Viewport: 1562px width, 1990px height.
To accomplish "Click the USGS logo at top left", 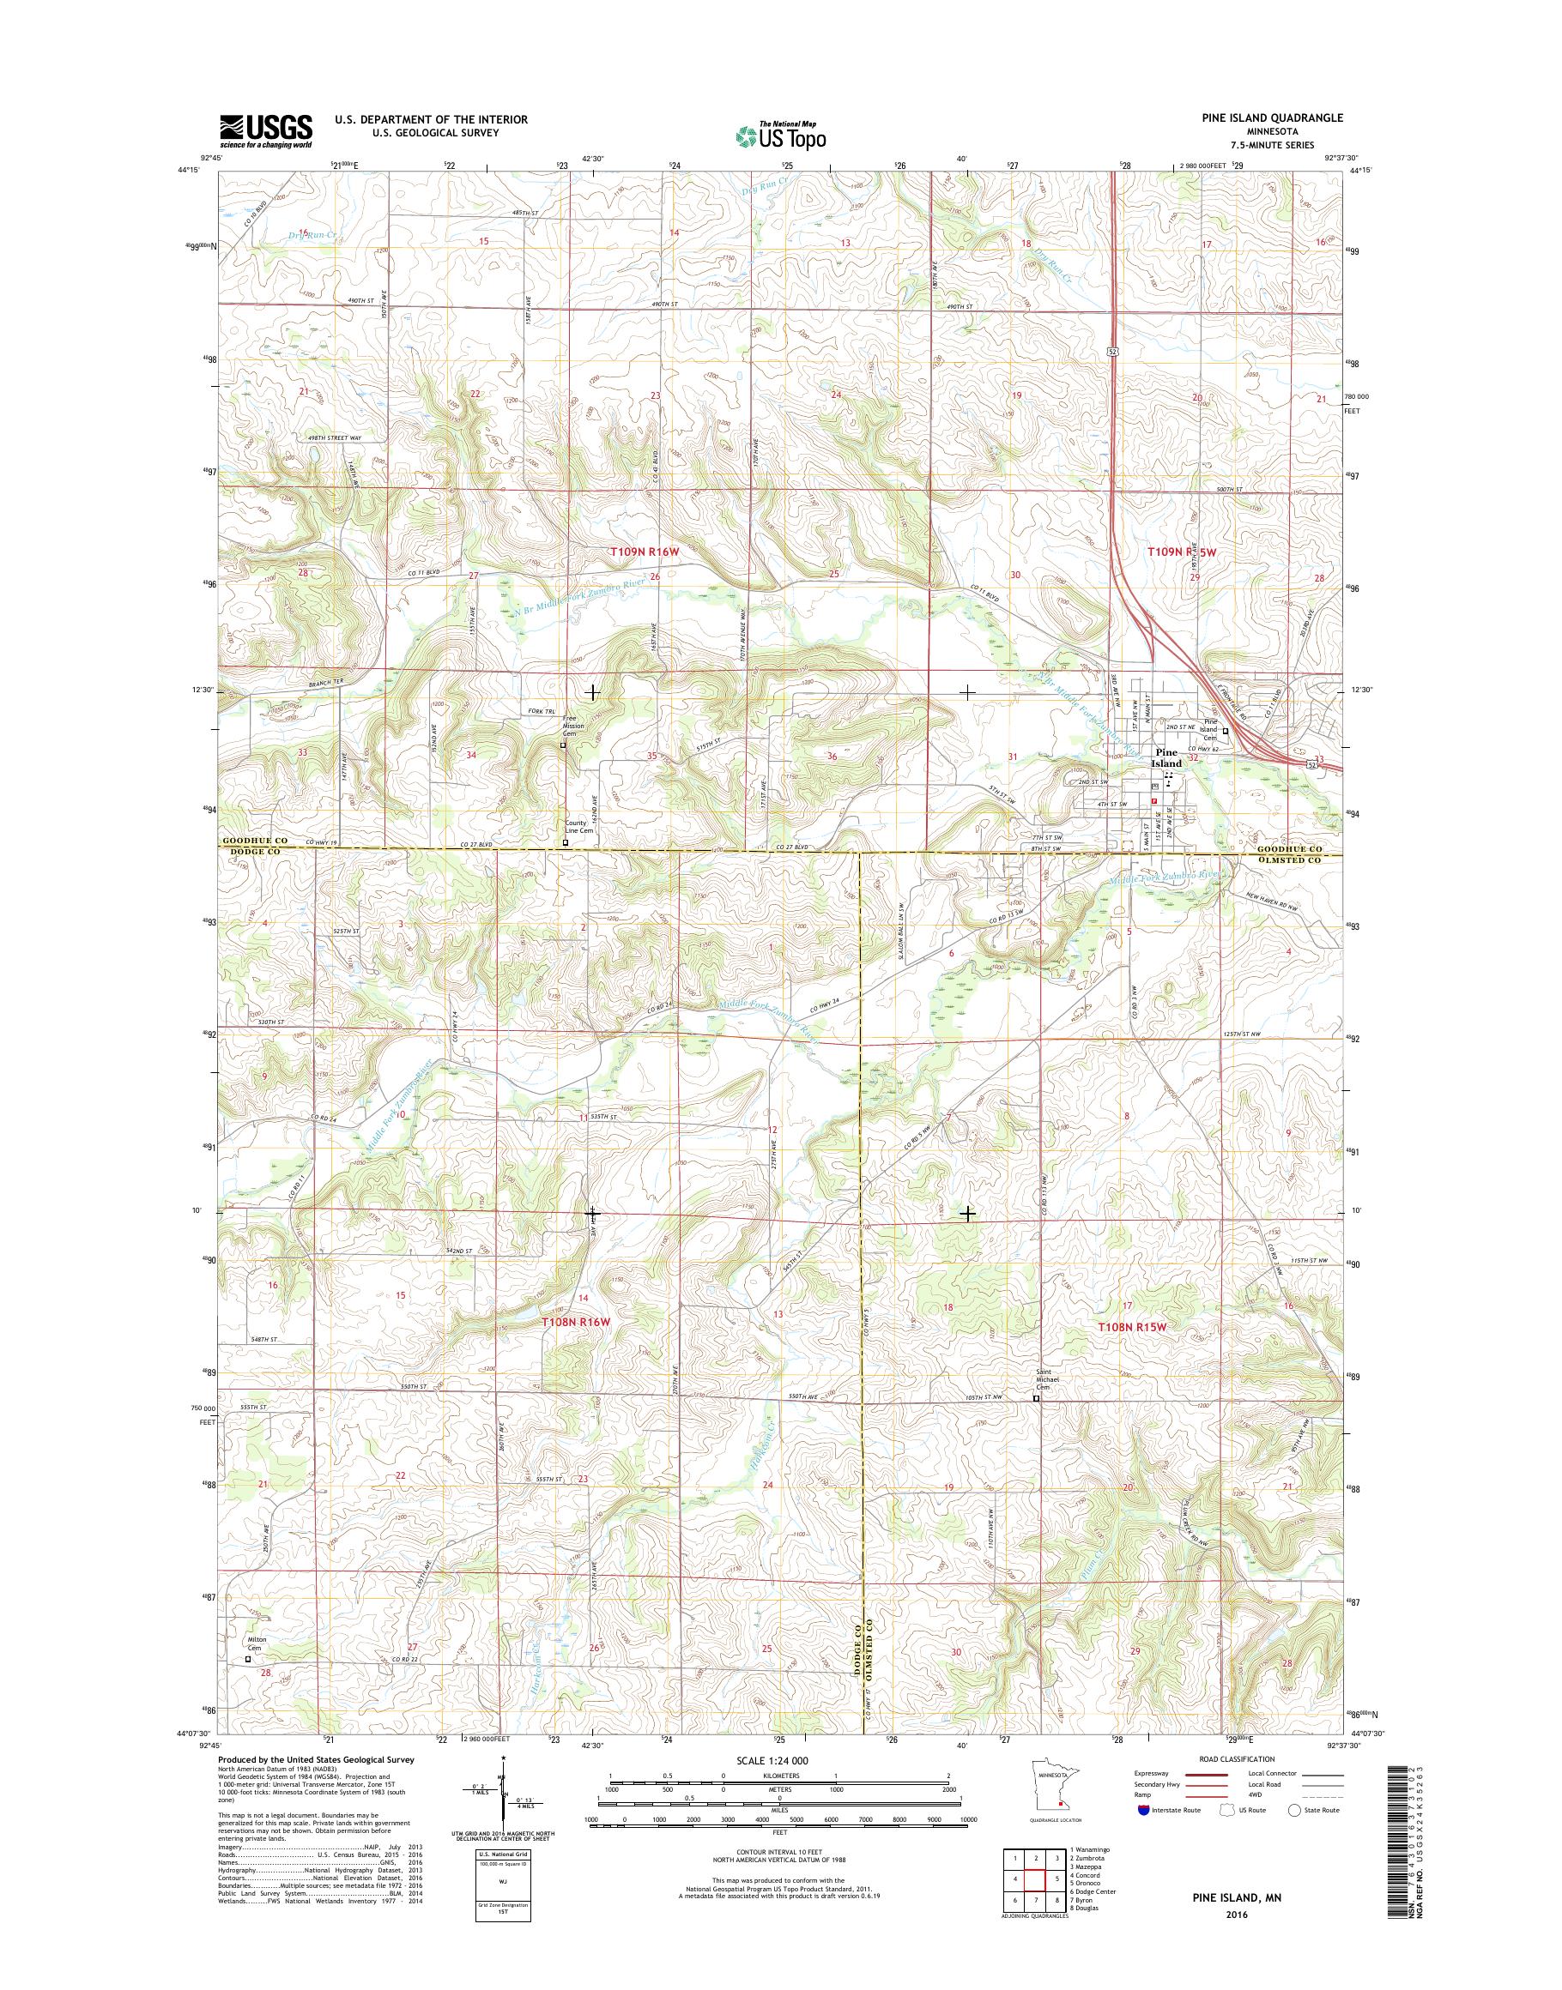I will [265, 130].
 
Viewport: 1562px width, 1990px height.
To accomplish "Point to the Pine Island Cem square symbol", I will [1226, 730].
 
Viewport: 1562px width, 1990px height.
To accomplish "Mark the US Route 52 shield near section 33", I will [1314, 762].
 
